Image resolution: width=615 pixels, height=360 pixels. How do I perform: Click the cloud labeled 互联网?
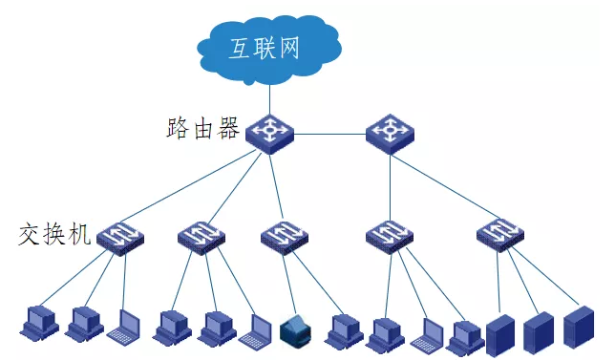269,45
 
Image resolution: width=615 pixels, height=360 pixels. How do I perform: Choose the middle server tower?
538,330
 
